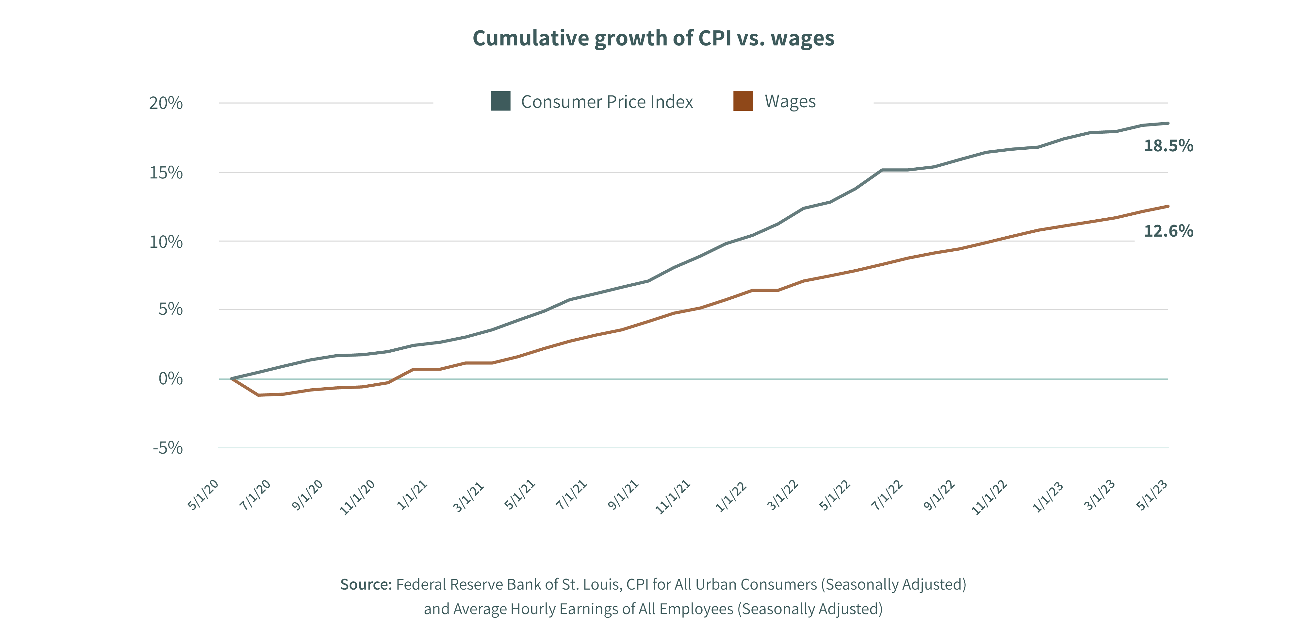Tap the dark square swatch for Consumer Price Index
[500, 101]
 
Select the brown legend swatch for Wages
[743, 101]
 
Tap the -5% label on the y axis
[168, 448]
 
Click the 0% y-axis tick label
[171, 379]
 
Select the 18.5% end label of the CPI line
[1168, 146]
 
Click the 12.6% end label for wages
[1168, 231]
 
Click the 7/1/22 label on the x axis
[887, 494]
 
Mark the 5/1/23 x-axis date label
[1152, 494]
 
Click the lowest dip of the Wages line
[259, 395]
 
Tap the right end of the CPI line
[1168, 123]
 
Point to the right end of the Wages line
[1168, 206]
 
